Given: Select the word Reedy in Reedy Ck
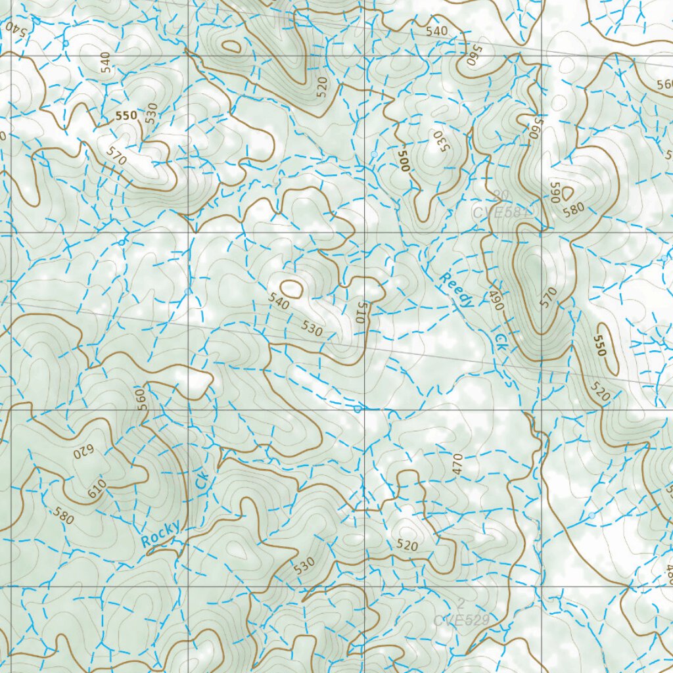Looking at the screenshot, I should coord(457,290).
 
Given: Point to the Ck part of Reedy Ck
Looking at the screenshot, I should coord(501,340).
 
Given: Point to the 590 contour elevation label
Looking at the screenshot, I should coord(554,192).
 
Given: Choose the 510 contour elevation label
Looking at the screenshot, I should coord(360,311).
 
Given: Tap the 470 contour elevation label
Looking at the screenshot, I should coord(458,464).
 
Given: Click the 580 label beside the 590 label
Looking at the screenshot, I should coord(574,209).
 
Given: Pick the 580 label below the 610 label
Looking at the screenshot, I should coord(65,517).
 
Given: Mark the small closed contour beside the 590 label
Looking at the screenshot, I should coord(567,192).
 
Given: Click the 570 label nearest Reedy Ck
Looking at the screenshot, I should coord(548,296).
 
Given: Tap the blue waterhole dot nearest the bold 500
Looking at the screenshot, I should coord(374,154).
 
